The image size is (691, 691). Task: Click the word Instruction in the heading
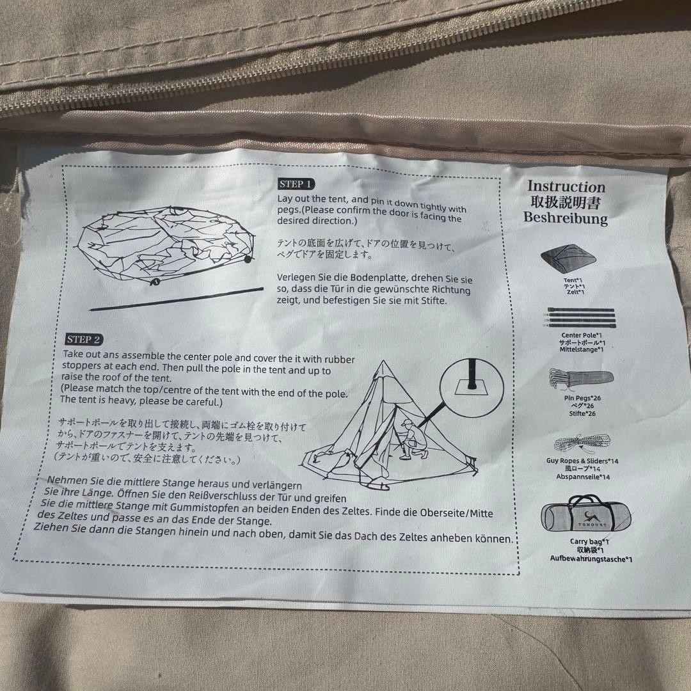566,187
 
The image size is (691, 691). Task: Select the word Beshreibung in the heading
566,218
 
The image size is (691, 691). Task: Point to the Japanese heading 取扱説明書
566,202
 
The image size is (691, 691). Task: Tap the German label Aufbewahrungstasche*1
591,559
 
